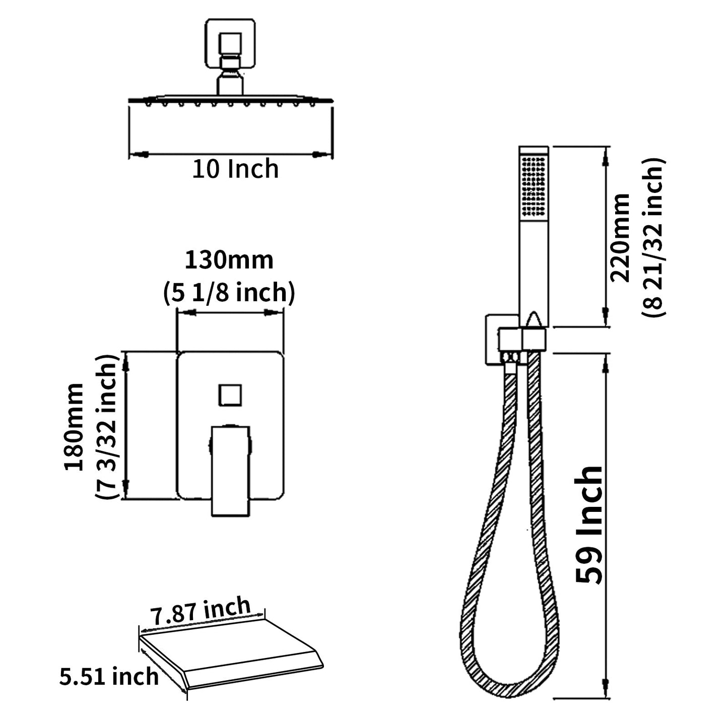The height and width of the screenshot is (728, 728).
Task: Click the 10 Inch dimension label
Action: (x=235, y=169)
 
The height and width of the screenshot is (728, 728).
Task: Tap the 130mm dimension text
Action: (x=229, y=260)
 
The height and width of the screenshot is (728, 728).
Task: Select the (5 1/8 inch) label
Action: (x=229, y=292)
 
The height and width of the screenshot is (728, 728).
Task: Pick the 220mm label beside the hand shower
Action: (x=620, y=237)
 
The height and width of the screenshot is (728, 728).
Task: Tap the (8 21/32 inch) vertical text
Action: (x=654, y=237)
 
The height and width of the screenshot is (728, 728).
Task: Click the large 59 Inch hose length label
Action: (x=589, y=524)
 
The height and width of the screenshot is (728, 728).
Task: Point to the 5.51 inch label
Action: (x=109, y=676)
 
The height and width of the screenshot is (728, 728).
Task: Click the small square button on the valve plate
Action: (x=230, y=394)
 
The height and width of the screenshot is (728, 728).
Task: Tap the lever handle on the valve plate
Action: (x=230, y=469)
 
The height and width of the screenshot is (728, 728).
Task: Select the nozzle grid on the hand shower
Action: (x=534, y=186)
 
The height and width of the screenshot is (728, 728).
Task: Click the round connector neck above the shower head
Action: (x=230, y=84)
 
